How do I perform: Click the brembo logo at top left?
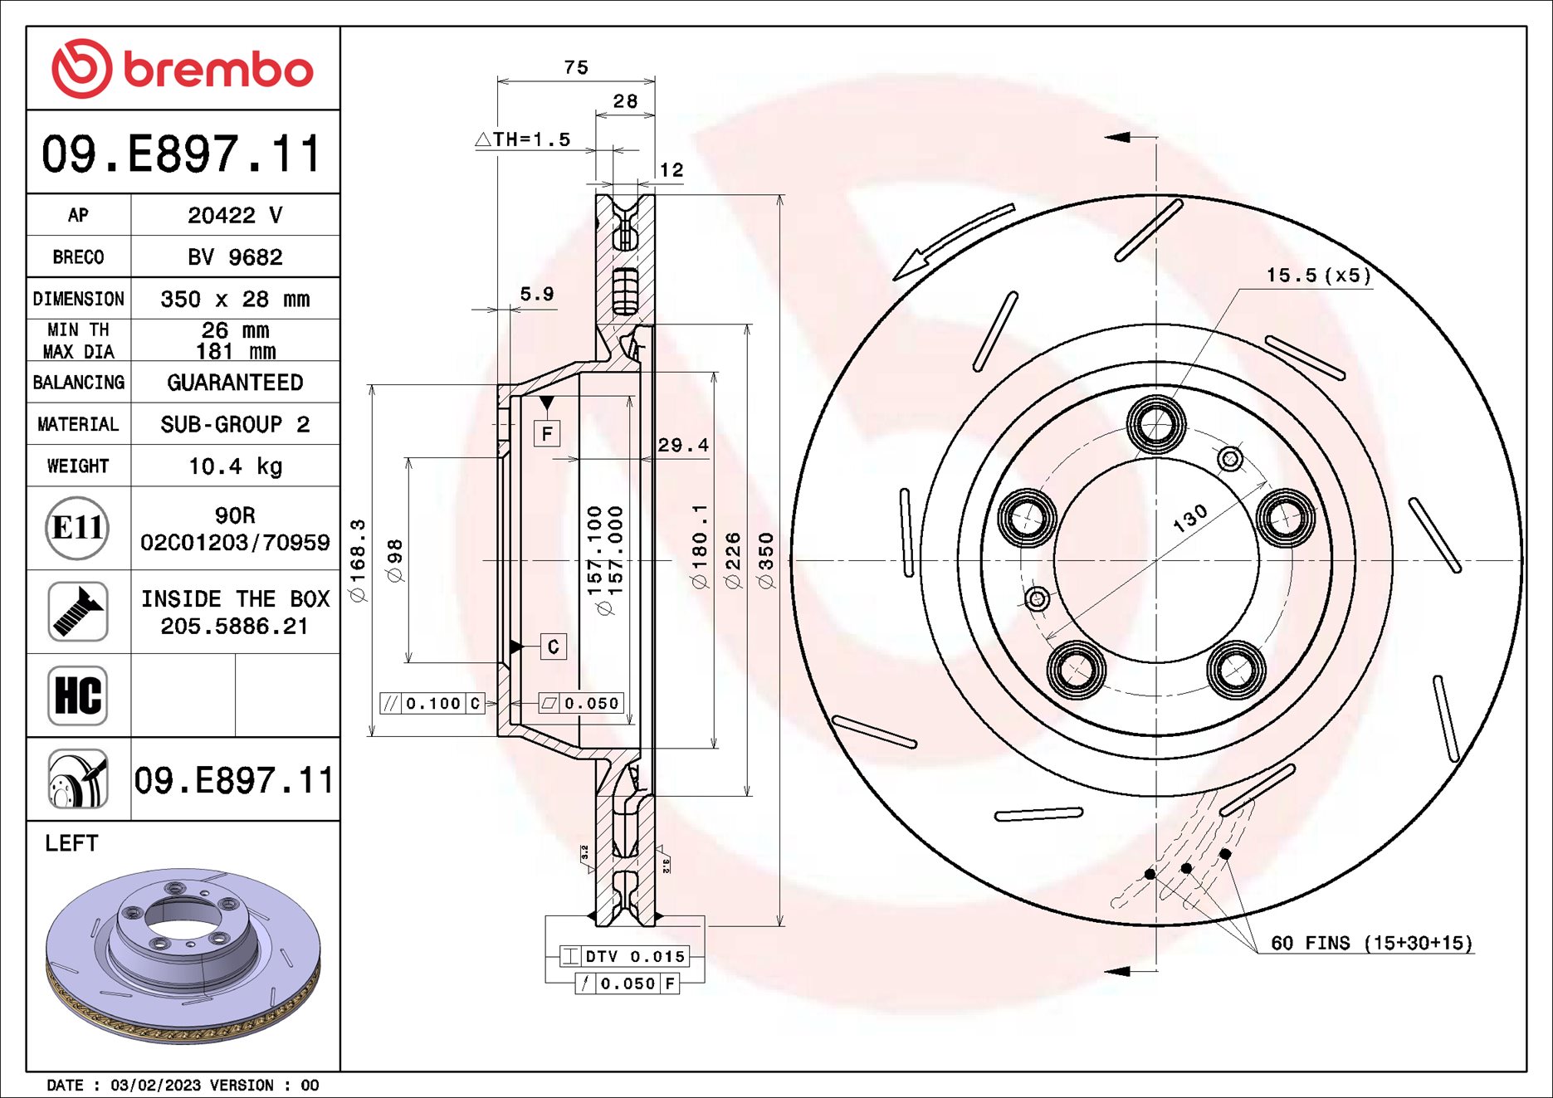coord(183,68)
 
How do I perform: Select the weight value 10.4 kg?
coord(235,466)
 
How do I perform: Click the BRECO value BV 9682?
coord(235,257)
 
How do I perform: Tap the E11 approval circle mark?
coord(77,528)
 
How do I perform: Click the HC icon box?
coord(77,695)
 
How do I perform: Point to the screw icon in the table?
coord(77,612)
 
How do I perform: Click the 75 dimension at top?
coord(576,67)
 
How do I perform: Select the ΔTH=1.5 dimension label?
coord(525,139)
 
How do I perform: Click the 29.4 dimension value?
coord(683,446)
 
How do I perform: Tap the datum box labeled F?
coord(547,433)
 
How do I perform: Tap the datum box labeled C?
coord(554,647)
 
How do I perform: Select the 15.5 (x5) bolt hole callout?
coord(1318,276)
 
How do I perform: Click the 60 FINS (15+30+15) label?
coord(1371,943)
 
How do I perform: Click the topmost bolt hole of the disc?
coord(1156,424)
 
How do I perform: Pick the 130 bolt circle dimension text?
coord(1190,518)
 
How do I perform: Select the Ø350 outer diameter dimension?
coord(766,561)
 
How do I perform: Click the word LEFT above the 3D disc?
coord(71,843)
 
